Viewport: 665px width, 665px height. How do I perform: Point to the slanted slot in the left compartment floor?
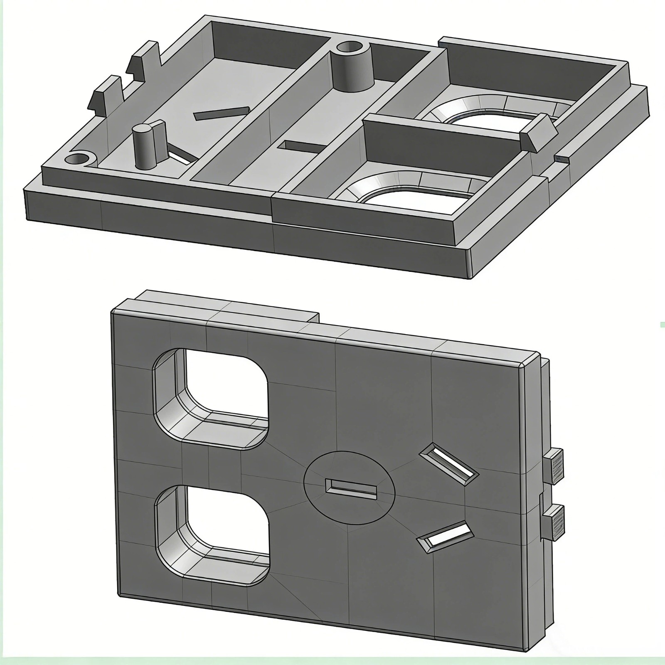pos(221,113)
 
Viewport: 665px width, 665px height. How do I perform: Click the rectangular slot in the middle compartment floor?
pos(303,146)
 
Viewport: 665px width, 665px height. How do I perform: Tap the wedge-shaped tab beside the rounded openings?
pos(537,131)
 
